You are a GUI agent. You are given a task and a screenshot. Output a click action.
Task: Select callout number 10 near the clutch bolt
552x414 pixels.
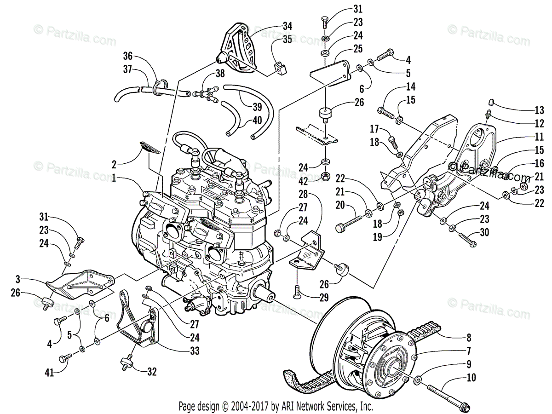[x=471, y=378]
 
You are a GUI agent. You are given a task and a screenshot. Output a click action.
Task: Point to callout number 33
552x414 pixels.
[x=195, y=351]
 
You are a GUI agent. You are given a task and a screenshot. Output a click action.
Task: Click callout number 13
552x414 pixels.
[x=539, y=110]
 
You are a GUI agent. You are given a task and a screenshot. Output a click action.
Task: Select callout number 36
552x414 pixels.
[x=127, y=57]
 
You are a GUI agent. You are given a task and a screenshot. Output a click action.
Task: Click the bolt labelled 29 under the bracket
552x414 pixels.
[x=297, y=290]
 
